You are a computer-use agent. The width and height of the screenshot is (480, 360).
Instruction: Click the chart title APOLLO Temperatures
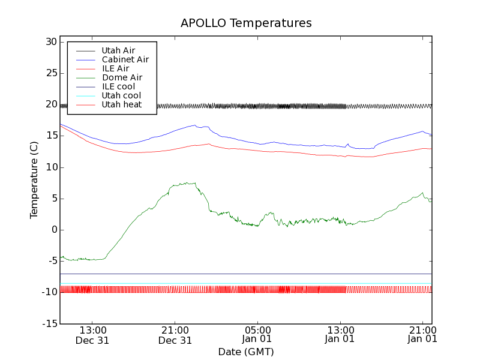pyautogui.click(x=246, y=23)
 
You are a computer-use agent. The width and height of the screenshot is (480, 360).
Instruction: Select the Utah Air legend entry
pyautogui.click(x=118, y=50)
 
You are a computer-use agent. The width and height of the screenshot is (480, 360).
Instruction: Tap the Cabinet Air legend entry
pyautogui.click(x=125, y=59)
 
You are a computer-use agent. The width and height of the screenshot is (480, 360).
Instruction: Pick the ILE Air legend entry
pyautogui.click(x=115, y=68)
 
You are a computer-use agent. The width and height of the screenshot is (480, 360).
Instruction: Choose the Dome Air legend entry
pyautogui.click(x=122, y=77)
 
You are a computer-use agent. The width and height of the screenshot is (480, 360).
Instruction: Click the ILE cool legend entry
pyautogui.click(x=118, y=86)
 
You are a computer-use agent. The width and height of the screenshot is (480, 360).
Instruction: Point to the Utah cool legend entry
pyautogui.click(x=121, y=95)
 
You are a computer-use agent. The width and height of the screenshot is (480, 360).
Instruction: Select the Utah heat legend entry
pyautogui.click(x=121, y=104)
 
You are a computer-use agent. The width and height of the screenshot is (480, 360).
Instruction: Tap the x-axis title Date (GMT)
pyautogui.click(x=246, y=352)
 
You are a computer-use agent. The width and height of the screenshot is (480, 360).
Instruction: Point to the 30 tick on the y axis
pyautogui.click(x=50, y=42)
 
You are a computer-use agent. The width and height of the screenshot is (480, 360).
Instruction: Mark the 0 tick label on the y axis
pyautogui.click(x=53, y=230)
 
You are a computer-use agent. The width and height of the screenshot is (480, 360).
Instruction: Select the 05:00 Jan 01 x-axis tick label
pyautogui.click(x=257, y=334)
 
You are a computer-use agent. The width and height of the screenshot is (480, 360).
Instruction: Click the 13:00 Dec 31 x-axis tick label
pyautogui.click(x=92, y=334)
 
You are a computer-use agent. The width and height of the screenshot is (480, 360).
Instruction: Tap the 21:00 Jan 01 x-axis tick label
pyautogui.click(x=423, y=334)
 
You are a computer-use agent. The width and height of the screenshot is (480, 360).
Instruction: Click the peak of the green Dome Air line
pyautogui.click(x=187, y=183)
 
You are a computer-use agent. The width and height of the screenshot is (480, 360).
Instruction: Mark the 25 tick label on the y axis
pyautogui.click(x=50, y=73)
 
